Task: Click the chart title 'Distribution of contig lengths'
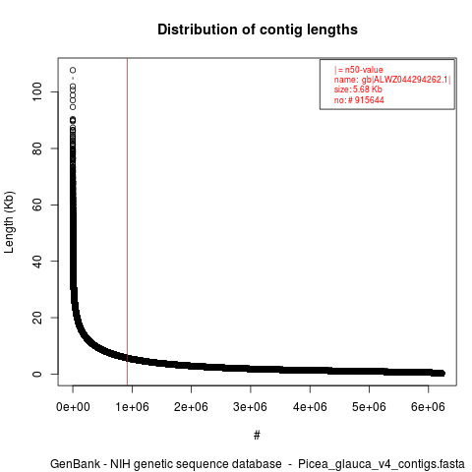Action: (x=258, y=29)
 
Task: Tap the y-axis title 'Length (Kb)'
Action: (x=10, y=222)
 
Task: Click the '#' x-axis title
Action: (x=257, y=436)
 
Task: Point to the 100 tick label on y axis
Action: (x=37, y=91)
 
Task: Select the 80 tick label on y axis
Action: (x=37, y=148)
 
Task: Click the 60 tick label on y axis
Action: (x=37, y=205)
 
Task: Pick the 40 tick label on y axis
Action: (x=37, y=261)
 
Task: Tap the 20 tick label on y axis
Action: (x=37, y=318)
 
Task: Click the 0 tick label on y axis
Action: (x=37, y=374)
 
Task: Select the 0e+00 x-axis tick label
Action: (x=73, y=407)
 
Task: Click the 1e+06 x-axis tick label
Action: (x=132, y=407)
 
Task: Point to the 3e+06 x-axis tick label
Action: (x=251, y=407)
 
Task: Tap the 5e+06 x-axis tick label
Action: (x=369, y=407)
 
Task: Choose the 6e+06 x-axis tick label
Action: (x=428, y=407)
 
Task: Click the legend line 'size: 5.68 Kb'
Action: (x=358, y=89)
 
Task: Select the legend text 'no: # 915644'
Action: (x=359, y=100)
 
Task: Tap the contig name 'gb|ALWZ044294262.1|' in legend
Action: (x=406, y=80)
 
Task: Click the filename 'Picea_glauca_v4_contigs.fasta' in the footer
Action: (x=382, y=464)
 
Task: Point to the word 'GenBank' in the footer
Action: (x=76, y=464)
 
